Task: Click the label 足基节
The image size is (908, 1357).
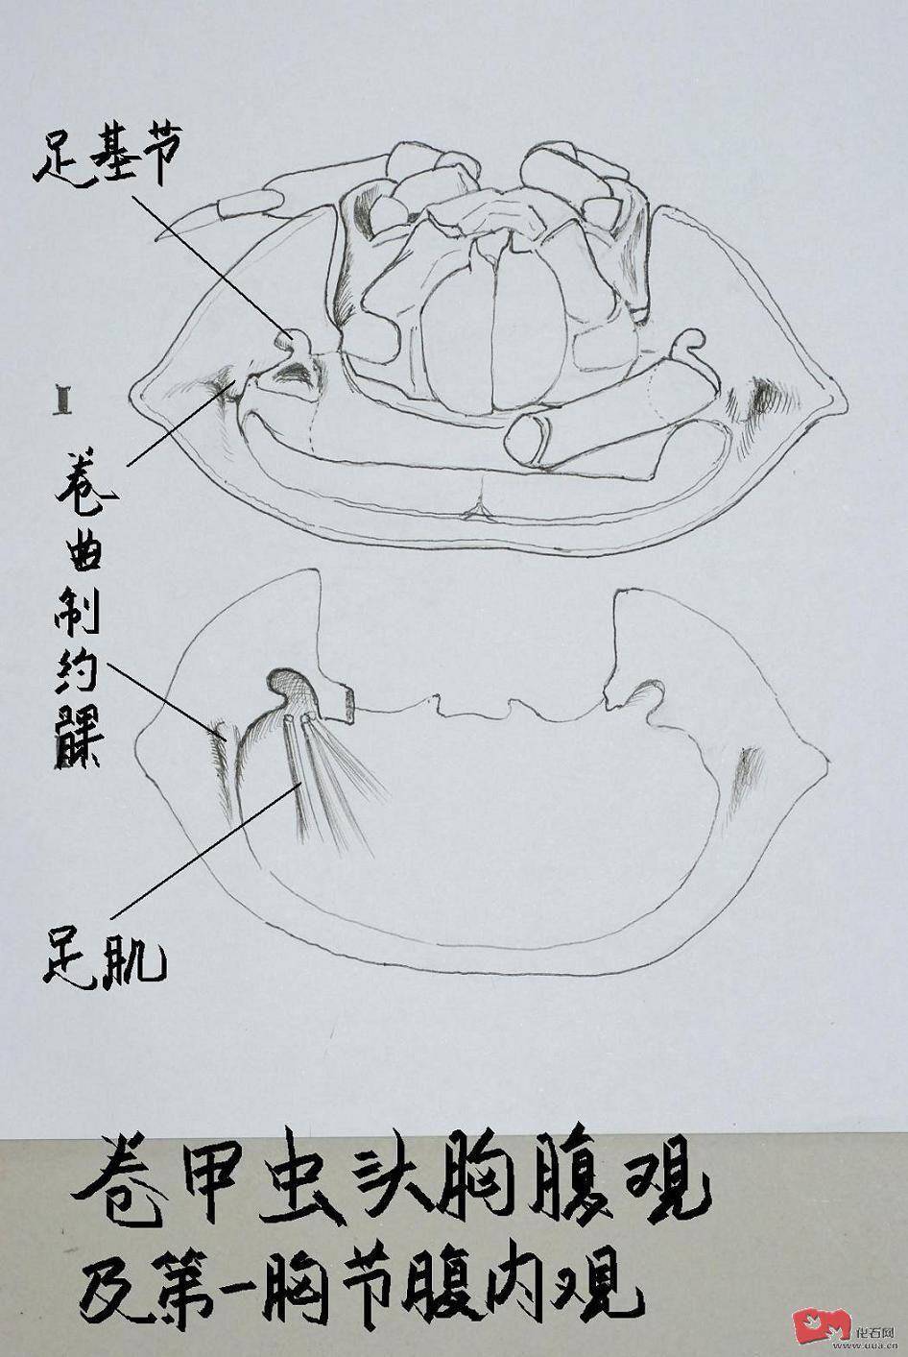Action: point(107,159)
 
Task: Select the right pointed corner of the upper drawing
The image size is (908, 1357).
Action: point(845,400)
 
